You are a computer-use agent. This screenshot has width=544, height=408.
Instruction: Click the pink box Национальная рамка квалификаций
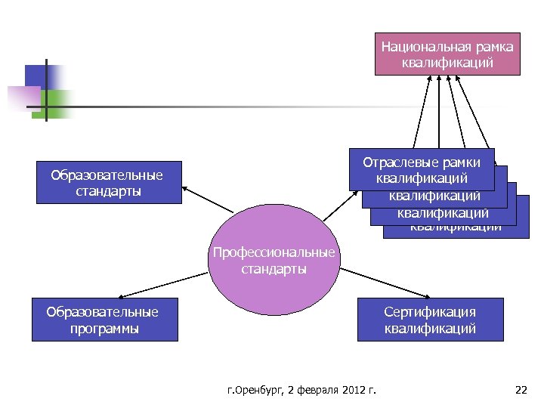pyautogui.click(x=447, y=54)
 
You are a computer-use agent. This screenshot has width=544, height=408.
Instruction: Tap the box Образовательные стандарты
pyautogui.click(x=109, y=182)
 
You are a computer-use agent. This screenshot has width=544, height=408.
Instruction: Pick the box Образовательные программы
pyautogui.click(x=104, y=320)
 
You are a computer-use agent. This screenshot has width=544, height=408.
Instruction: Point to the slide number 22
pyautogui.click(x=520, y=390)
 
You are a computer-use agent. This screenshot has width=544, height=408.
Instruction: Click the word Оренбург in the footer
pyautogui.click(x=255, y=390)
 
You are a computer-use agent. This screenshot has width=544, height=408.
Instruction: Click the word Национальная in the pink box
pyautogui.click(x=415, y=47)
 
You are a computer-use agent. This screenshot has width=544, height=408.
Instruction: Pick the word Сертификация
pyautogui.click(x=429, y=312)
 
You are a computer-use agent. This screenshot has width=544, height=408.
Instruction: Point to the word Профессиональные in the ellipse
pyautogui.click(x=274, y=253)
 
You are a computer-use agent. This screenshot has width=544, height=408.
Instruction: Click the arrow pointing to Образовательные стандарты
pyautogui.click(x=208, y=199)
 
